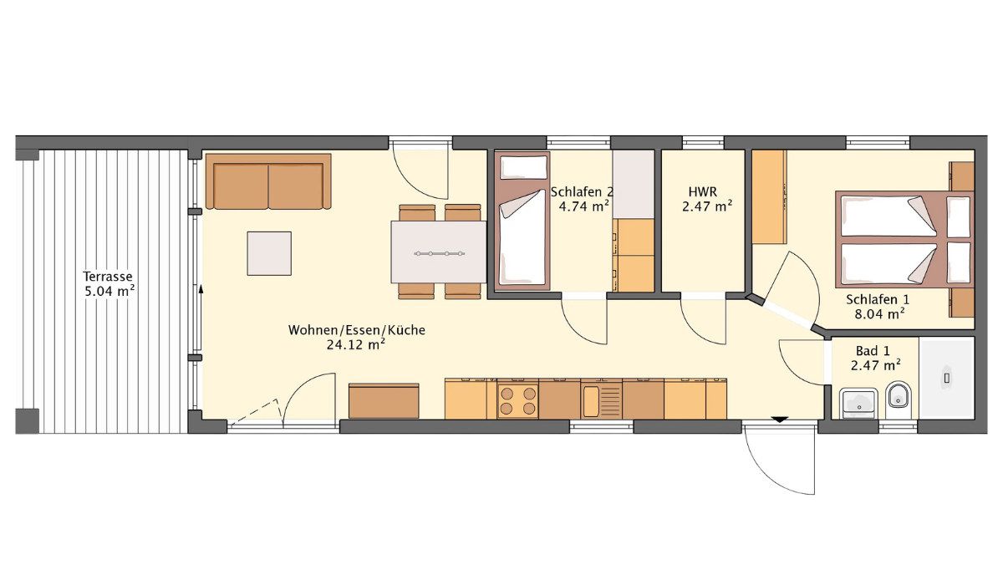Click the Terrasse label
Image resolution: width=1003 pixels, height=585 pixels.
pos(108,276)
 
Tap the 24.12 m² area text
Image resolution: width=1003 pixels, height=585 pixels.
pos(356,344)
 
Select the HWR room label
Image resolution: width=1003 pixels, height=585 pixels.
pos(703,192)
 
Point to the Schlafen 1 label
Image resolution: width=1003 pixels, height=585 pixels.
pos(878,299)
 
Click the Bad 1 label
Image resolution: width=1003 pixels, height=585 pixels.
pos(873,350)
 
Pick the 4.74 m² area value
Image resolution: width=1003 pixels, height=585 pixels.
pos(584,206)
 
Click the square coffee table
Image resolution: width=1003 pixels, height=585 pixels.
pos(269,253)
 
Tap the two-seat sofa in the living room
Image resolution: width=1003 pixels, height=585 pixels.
pos(268,181)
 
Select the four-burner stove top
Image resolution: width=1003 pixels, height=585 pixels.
pos(517,400)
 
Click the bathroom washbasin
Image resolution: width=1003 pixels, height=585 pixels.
pos(858,403)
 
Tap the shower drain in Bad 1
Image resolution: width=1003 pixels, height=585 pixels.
pos(946,379)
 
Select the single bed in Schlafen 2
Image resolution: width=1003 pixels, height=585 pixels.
pos(522,221)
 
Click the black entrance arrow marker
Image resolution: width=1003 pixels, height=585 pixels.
pos(780,420)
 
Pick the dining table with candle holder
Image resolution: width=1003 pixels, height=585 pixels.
pos(438,252)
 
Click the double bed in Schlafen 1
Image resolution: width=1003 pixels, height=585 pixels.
pos(904,240)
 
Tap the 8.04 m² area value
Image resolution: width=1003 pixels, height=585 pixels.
pos(879,314)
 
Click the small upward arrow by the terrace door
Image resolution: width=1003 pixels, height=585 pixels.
pos(201,295)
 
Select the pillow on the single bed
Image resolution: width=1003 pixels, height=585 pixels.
pos(523,167)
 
